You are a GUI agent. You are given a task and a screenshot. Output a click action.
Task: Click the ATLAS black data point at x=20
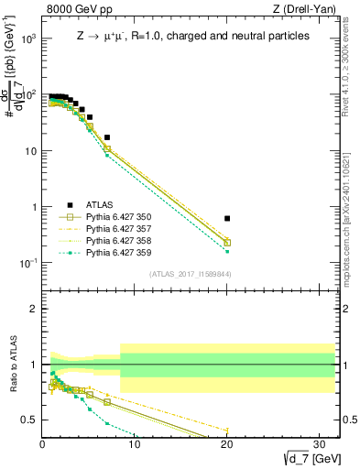pos(227,218)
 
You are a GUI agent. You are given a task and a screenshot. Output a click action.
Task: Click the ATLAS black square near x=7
pos(107,137)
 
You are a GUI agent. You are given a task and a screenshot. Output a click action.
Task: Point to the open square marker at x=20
pos(227,243)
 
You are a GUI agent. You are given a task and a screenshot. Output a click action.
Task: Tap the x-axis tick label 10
pos(135,445)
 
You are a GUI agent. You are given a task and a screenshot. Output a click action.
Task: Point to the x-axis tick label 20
pos(227,445)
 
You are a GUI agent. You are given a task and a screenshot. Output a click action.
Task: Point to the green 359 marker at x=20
pos(227,251)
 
